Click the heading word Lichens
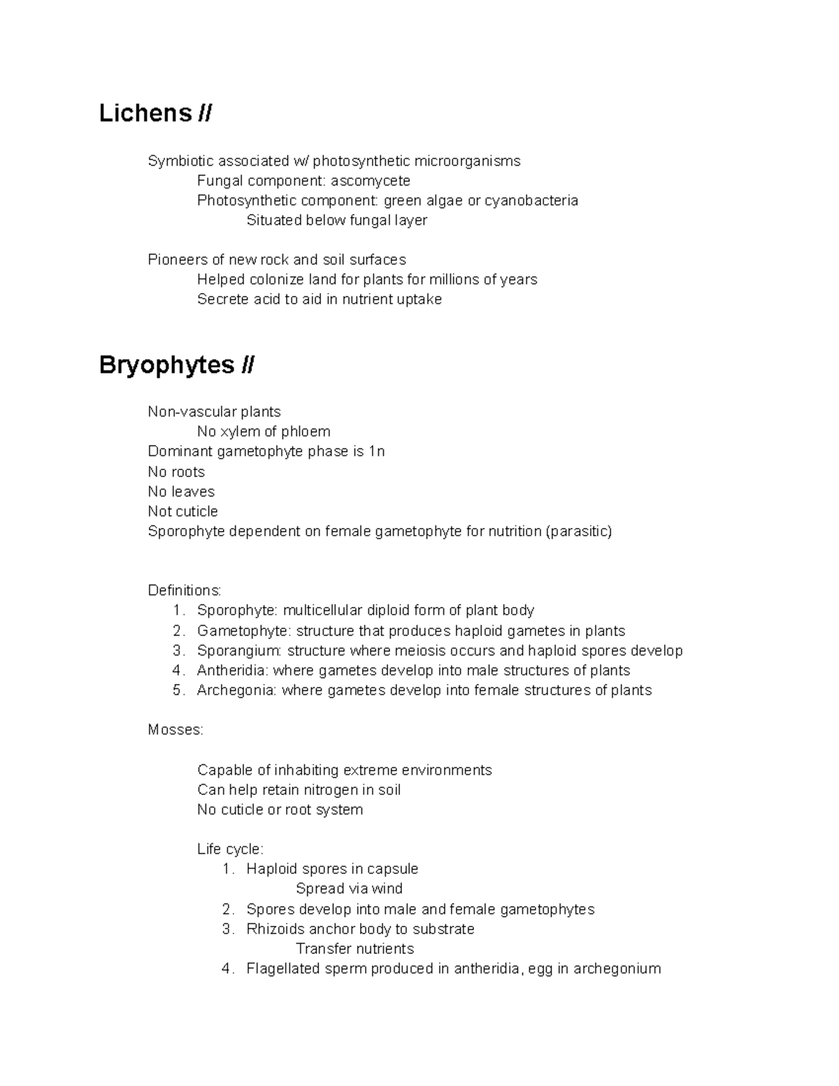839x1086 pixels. point(145,113)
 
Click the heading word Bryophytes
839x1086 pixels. point(166,365)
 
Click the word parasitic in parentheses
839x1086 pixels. point(579,531)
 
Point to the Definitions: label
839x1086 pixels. point(184,591)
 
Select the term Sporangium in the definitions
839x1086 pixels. point(238,651)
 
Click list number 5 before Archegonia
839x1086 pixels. point(178,690)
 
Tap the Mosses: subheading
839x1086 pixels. point(175,730)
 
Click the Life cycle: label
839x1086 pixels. point(230,850)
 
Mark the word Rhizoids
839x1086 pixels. point(275,929)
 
